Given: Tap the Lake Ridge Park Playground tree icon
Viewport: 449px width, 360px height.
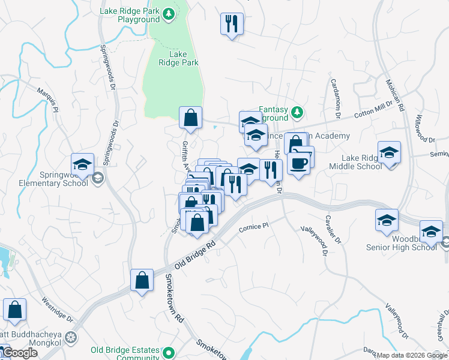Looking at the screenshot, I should [x=169, y=13].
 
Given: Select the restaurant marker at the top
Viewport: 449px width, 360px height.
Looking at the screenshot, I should [x=232, y=25].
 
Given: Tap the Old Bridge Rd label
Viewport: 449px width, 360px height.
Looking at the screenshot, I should [x=194, y=254].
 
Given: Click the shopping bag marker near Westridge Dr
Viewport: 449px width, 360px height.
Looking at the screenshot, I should [x=15, y=310].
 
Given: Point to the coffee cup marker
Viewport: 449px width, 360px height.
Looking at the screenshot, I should [x=299, y=162].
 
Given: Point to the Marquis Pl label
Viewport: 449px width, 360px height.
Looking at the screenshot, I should [x=48, y=100].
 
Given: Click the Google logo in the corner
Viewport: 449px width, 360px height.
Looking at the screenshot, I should [x=19, y=353].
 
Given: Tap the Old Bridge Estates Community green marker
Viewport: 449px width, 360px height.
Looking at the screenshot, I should [x=169, y=353].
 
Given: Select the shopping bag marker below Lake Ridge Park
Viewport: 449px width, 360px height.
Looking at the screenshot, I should [x=190, y=118].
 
